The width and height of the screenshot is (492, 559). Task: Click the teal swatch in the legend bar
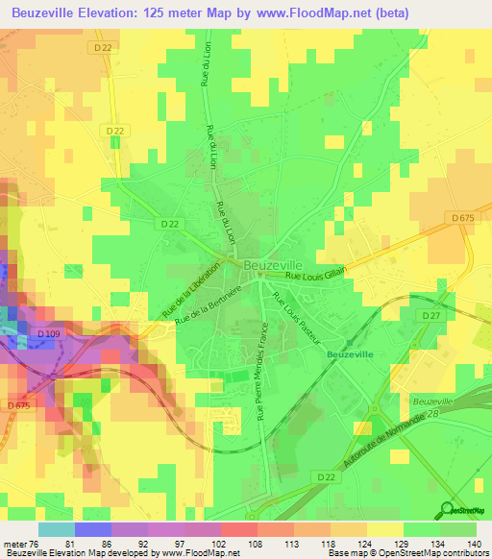pos(56,529)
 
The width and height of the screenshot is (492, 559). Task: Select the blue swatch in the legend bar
pos(92,529)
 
